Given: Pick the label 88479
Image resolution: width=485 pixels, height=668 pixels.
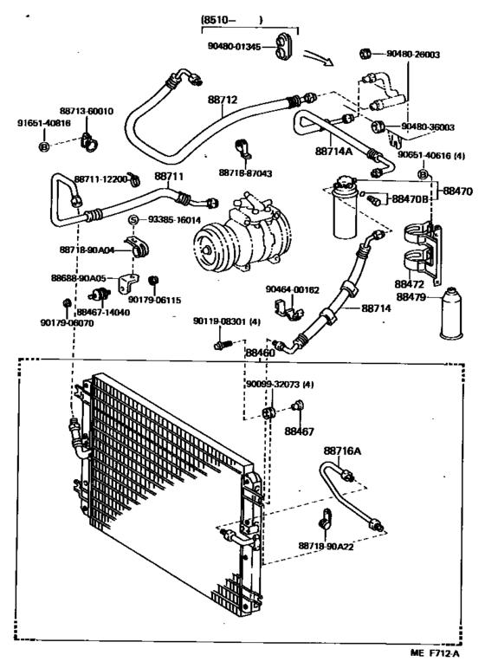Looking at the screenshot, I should click(x=414, y=296).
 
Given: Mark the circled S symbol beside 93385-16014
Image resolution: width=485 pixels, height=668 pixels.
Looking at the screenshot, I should click(x=135, y=220).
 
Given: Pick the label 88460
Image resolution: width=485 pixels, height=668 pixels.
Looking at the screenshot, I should click(x=259, y=353).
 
